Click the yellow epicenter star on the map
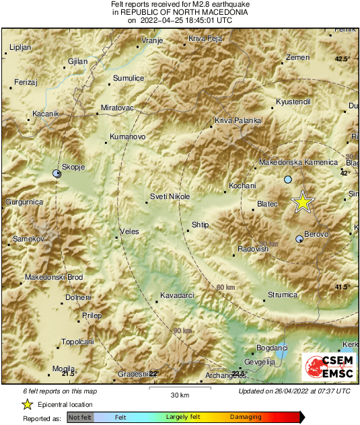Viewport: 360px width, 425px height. (x=303, y=201)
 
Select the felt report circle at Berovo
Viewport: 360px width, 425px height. (x=299, y=239)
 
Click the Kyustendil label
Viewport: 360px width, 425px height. (x=293, y=102)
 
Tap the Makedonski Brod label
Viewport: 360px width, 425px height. (x=53, y=277)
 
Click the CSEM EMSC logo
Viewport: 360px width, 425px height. (x=329, y=369)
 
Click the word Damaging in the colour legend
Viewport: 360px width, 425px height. (x=246, y=418)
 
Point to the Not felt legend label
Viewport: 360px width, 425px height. (x=79, y=418)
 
